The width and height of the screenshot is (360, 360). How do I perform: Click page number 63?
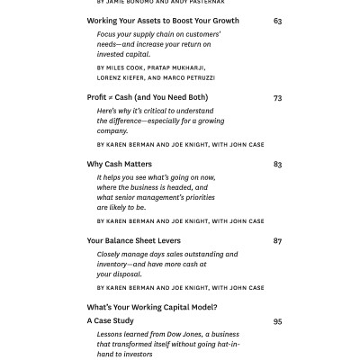click(277, 21)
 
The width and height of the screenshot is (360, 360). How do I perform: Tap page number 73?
click(277, 97)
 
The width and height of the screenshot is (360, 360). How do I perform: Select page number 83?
click(277, 165)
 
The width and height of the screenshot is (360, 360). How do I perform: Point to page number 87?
click(277, 241)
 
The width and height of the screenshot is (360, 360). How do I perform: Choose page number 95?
click(277, 320)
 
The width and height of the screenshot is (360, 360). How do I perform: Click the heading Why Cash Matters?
click(119, 165)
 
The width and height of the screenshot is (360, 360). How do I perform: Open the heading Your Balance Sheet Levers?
click(133, 241)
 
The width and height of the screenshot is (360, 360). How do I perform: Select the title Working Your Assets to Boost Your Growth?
click(163, 21)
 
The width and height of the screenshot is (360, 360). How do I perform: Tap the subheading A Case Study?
click(110, 320)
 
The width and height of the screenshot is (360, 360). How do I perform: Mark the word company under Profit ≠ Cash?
click(112, 130)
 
